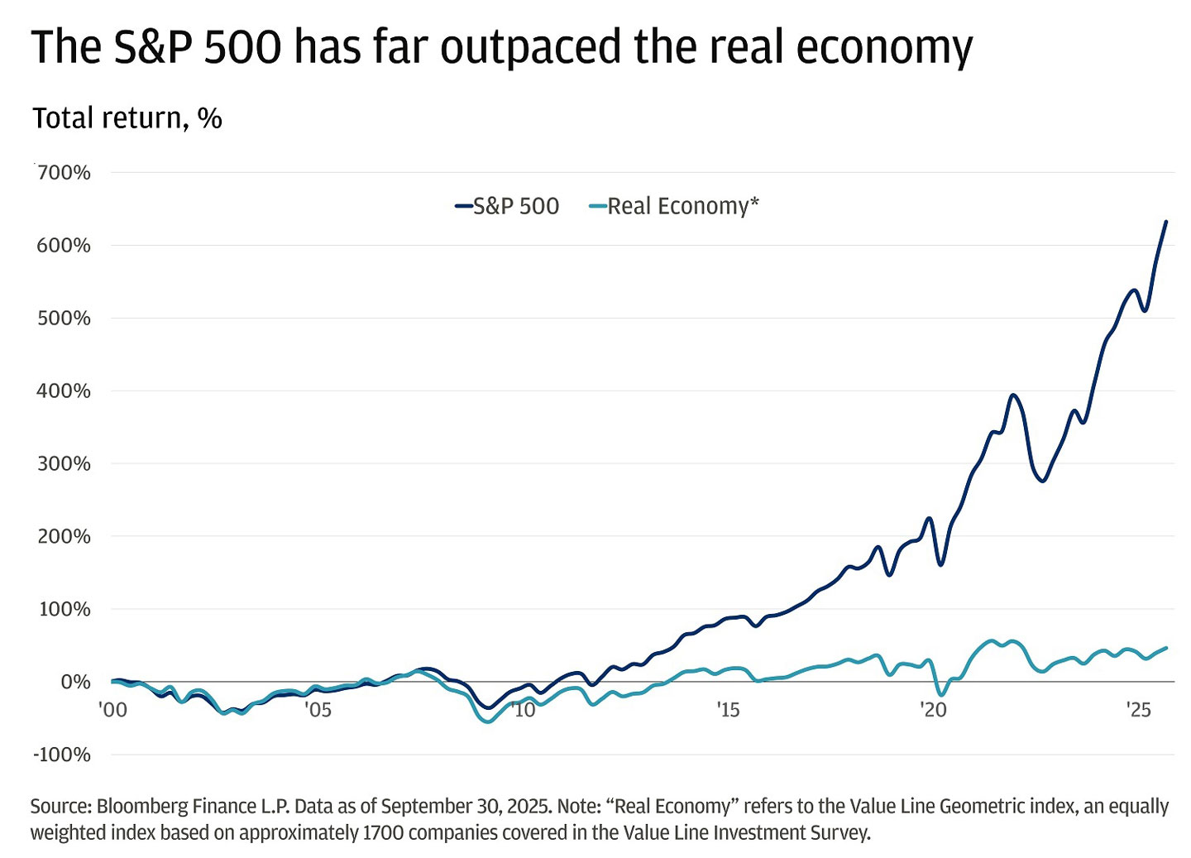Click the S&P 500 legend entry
coord(507,206)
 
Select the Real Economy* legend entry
coord(674,206)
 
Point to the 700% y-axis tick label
coord(64,173)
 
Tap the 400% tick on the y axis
coord(64,391)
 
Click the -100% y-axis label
coord(62,755)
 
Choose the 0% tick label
coord(75,682)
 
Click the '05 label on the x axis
coord(318,710)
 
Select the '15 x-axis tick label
coord(727,710)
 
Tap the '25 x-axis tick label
coord(1138,710)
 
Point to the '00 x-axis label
coord(112,710)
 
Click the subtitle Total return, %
coord(127,118)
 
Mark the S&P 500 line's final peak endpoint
coord(1166,222)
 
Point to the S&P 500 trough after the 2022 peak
coord(1043,480)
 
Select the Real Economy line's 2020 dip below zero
coord(941,694)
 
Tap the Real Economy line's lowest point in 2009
coord(487,721)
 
